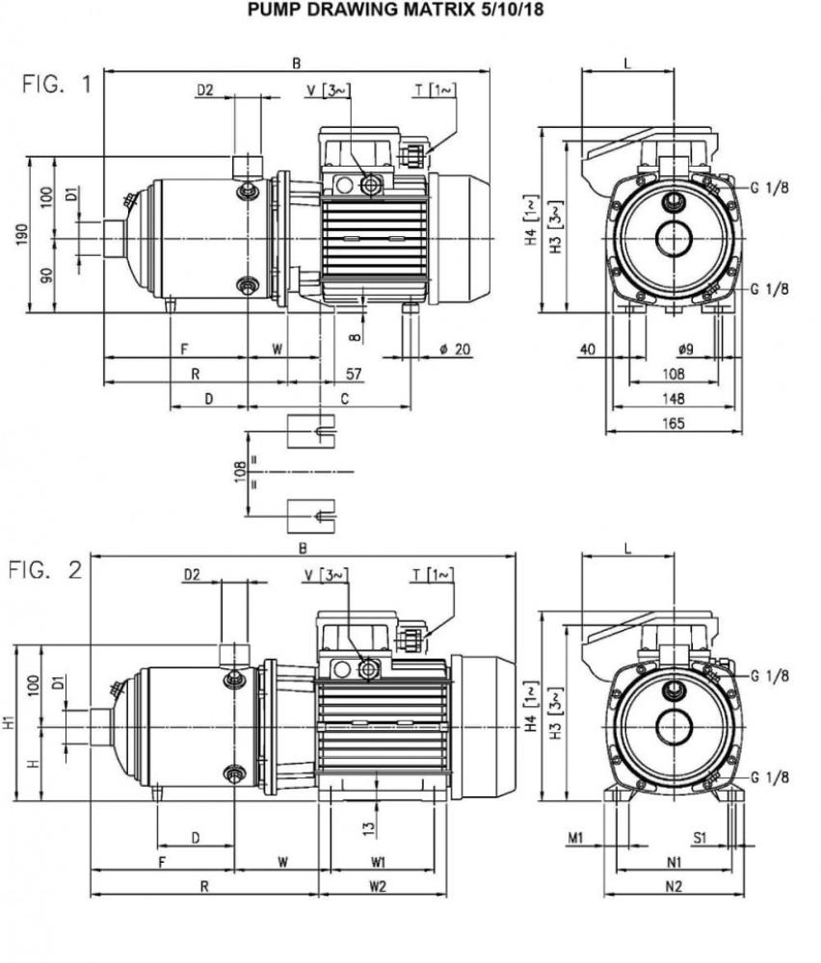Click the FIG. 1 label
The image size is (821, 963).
pyautogui.click(x=57, y=84)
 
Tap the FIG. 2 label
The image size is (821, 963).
pyautogui.click(x=45, y=570)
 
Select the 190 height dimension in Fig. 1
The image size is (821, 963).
pyautogui.click(x=21, y=234)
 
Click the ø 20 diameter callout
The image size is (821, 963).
pyautogui.click(x=452, y=349)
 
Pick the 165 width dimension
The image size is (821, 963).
pyautogui.click(x=672, y=424)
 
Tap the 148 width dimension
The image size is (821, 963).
pyautogui.click(x=672, y=399)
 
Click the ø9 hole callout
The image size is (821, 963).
pyautogui.click(x=687, y=349)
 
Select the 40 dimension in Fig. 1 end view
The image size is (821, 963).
pyautogui.click(x=587, y=349)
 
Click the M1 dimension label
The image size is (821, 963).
pyautogui.click(x=576, y=839)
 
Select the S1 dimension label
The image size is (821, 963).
pyautogui.click(x=701, y=839)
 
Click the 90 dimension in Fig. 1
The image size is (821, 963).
pyautogui.click(x=47, y=274)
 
